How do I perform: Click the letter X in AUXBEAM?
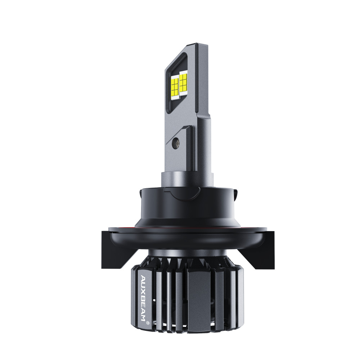point(143,289)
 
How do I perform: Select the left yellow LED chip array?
point(175,87)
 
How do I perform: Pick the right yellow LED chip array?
point(183,82)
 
